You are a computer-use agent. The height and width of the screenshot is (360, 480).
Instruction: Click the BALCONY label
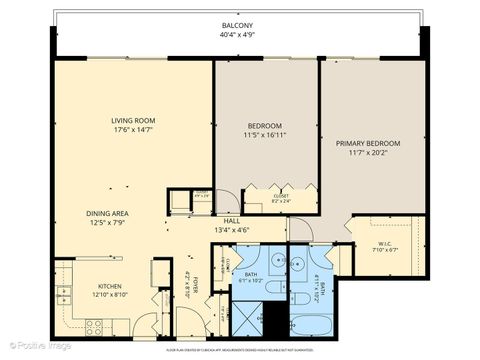[x=237, y=26]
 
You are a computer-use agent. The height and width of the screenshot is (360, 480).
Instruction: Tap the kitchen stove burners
[x=93, y=325]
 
